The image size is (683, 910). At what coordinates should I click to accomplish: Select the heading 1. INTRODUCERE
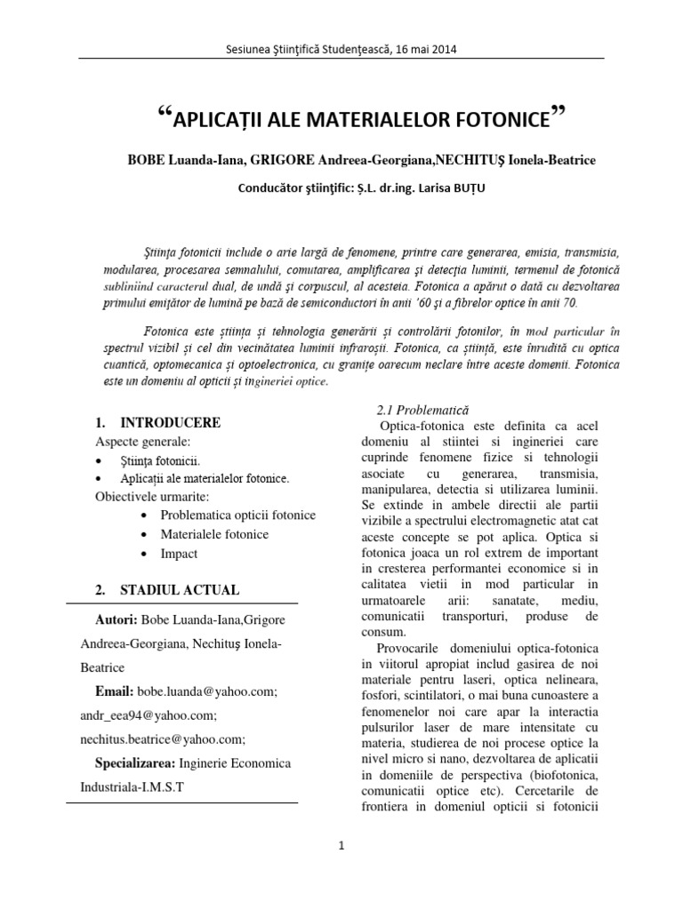(157, 422)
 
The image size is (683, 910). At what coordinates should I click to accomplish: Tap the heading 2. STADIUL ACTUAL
(167, 590)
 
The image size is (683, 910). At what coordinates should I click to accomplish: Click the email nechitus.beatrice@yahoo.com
(170, 738)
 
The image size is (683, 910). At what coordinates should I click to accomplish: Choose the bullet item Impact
(179, 554)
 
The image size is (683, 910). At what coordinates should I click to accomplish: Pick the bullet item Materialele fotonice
(214, 534)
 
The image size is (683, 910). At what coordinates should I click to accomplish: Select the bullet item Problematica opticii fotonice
(237, 515)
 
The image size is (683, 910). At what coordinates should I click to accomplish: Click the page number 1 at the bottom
(341, 847)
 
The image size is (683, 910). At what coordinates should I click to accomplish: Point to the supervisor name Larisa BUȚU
(429, 188)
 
